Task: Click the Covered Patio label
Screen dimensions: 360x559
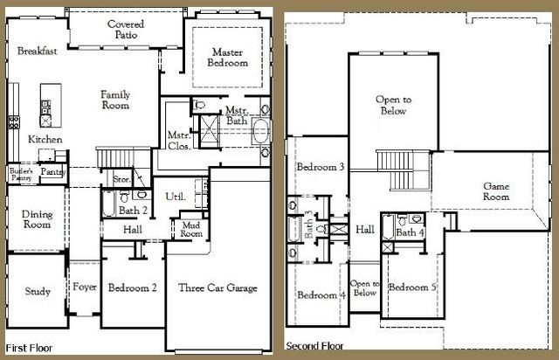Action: (x=126, y=29)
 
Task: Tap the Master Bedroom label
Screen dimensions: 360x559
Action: (x=227, y=58)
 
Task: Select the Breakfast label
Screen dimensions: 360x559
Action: (x=37, y=51)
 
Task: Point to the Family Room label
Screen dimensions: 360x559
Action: (x=114, y=100)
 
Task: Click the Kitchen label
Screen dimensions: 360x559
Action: (x=45, y=139)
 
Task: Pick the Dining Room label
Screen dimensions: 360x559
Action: (x=36, y=219)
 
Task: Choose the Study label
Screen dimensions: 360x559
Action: (x=36, y=292)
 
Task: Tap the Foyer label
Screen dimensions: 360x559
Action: (x=85, y=287)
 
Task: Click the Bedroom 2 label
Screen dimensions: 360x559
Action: (x=132, y=287)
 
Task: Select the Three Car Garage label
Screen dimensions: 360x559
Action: (x=217, y=287)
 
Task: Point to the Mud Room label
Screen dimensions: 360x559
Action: (x=190, y=230)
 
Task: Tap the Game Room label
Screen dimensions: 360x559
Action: (x=496, y=191)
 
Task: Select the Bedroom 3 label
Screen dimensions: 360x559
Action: (x=320, y=167)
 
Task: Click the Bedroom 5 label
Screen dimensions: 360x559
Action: (x=412, y=288)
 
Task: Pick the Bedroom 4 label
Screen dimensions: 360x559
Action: (x=321, y=294)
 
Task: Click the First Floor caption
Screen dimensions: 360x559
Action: (x=30, y=348)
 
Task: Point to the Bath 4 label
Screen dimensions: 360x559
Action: (x=410, y=232)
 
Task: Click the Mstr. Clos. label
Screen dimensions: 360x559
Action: (x=179, y=141)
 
